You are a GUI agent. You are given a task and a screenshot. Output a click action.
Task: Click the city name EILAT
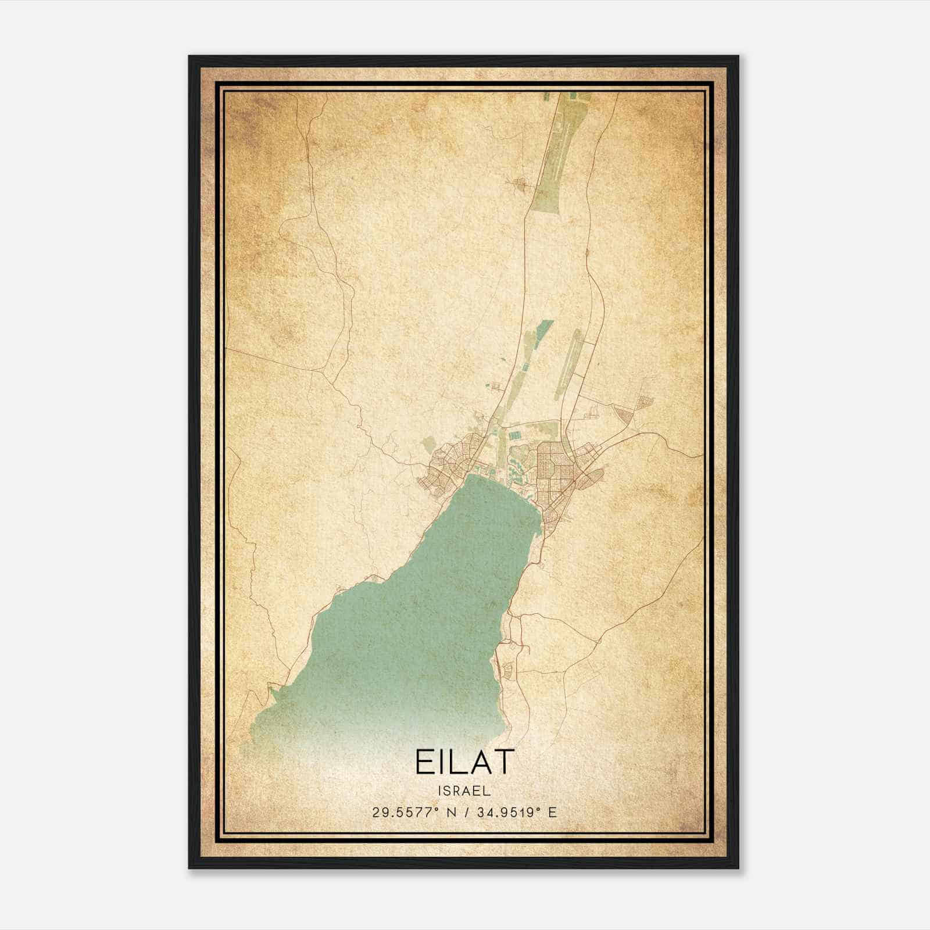pos(464,761)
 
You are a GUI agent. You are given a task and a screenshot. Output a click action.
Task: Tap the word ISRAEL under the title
pos(464,791)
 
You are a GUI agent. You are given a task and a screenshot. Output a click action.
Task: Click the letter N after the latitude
pos(450,812)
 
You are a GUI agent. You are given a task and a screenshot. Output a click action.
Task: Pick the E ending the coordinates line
pos(552,812)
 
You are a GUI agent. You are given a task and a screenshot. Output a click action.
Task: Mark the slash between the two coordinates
pos(467,812)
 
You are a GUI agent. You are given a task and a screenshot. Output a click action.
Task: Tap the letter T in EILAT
pos(504,761)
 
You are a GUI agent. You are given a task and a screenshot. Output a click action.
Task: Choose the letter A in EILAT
pos(480,761)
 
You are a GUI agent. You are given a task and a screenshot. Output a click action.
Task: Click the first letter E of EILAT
pos(424,761)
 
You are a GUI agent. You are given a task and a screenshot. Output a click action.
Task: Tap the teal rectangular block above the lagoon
pos(516,434)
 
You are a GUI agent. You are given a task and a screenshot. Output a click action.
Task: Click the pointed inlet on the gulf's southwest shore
pos(271,693)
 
